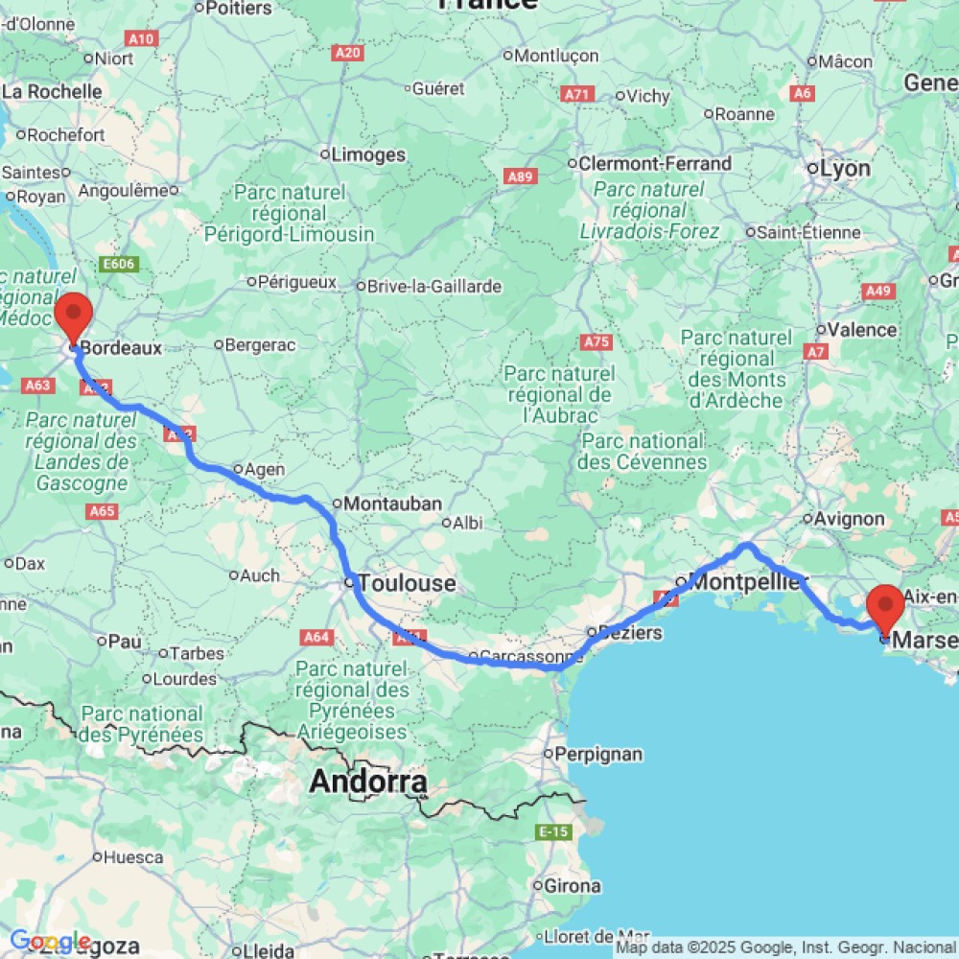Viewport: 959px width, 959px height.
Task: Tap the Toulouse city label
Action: pos(408,583)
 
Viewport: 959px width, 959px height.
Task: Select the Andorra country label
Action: pos(367,783)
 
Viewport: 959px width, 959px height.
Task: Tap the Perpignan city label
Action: pos(598,754)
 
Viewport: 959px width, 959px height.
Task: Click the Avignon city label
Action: pos(849,519)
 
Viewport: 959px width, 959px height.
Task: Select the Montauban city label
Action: pos(391,503)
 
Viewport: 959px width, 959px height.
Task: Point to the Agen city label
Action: pos(264,470)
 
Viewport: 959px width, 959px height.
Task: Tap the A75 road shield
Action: pos(596,341)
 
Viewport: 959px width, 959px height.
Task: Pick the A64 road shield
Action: pos(316,636)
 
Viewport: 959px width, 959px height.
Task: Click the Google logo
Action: pos(50,941)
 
